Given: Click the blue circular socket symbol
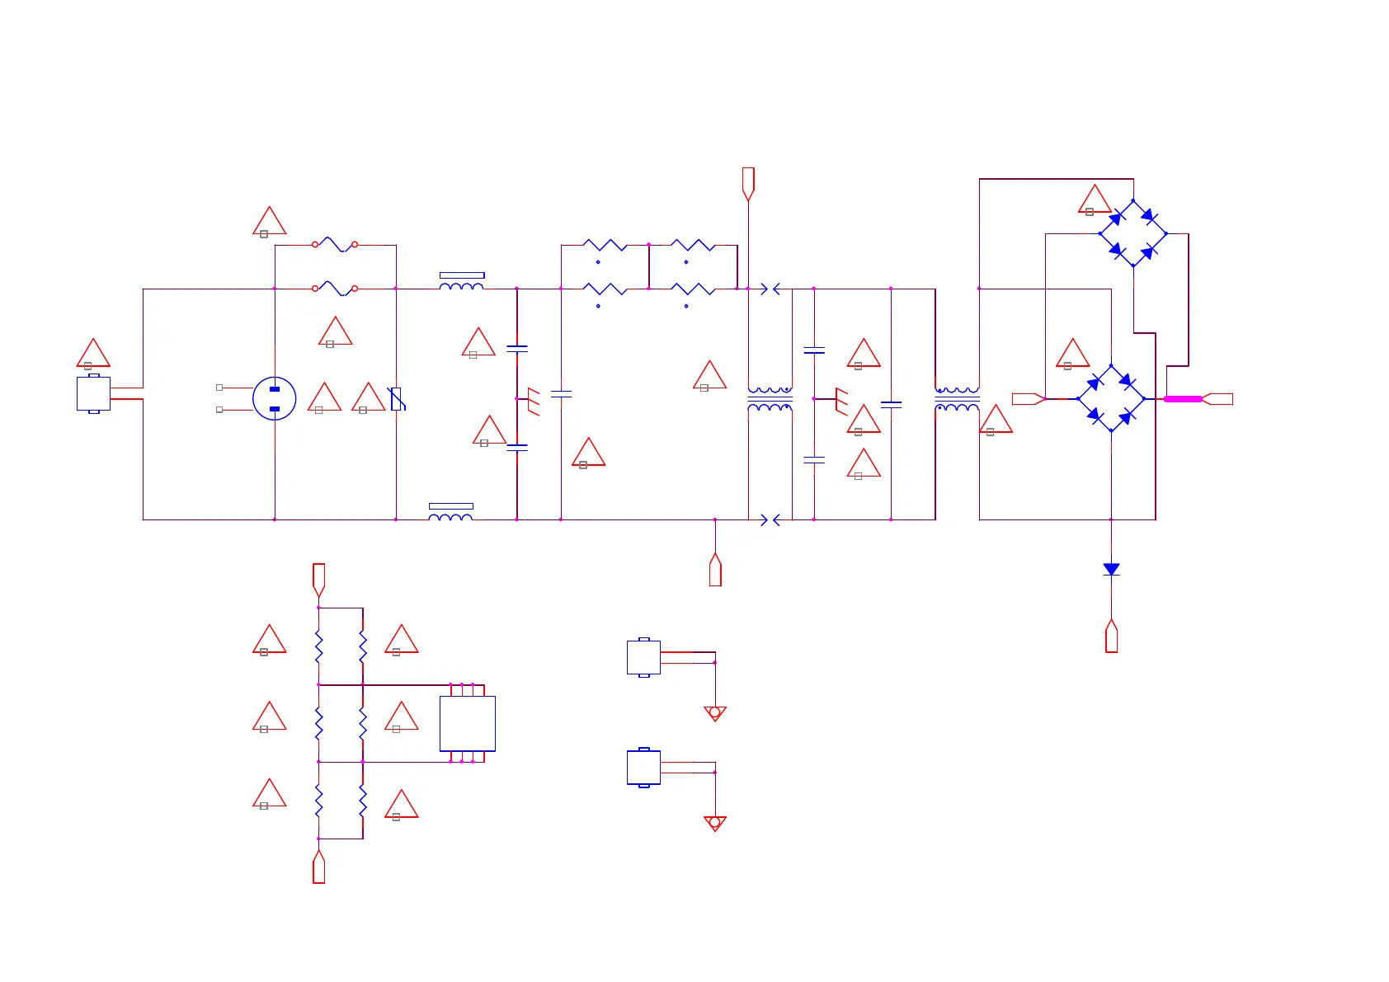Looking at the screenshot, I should tap(274, 399).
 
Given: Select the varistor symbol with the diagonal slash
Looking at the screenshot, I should tap(397, 399).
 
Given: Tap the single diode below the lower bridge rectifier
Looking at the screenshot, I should tap(1111, 570).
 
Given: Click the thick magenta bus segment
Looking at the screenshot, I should tap(1183, 399).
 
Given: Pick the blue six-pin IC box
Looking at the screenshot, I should tap(467, 723).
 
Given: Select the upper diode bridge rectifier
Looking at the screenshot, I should tap(1132, 233).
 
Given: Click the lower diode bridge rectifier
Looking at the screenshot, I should tap(1111, 399).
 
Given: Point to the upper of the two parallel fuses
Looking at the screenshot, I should tap(335, 244).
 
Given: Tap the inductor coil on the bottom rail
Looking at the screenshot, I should tap(450, 517).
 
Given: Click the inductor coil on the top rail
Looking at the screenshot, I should tap(462, 286).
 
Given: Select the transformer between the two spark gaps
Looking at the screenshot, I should tap(770, 399).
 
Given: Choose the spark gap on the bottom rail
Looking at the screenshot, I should tap(770, 520).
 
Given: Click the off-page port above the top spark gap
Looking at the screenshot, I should tap(748, 183).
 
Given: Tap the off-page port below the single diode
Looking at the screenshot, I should tap(1111, 637).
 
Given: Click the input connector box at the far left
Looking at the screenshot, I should tap(93, 393).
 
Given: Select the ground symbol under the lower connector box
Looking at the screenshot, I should tap(715, 823).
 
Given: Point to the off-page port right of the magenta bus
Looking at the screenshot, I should tap(1218, 399).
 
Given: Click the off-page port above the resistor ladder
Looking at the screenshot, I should tap(318, 579).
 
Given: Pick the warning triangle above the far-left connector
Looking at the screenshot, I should tap(93, 354).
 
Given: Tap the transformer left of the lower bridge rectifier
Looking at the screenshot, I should tap(957, 399).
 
